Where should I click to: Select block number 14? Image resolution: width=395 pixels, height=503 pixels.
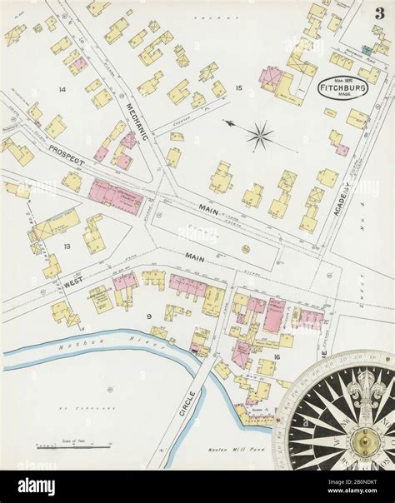point(61,88)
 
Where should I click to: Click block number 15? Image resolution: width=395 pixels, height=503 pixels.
point(238,87)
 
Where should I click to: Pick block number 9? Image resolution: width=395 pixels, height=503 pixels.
point(148,316)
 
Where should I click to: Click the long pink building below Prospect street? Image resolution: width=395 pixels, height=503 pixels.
point(116,197)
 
